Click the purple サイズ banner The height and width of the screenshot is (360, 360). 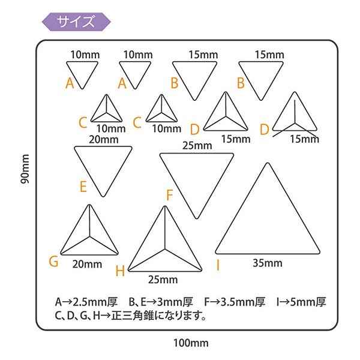click(76, 22)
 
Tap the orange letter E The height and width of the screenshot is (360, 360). click(83, 187)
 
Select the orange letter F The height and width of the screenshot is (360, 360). click(169, 195)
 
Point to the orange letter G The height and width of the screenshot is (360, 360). click(53, 261)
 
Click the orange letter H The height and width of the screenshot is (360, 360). click(120, 271)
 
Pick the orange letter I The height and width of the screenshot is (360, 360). click(218, 265)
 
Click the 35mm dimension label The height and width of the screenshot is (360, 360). click(268, 263)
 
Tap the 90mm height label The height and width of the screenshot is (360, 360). click(25, 169)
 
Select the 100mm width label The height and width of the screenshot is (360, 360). click(191, 343)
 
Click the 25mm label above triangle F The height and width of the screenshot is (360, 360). click(197, 146)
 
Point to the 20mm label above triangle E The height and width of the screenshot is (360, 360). click(104, 139)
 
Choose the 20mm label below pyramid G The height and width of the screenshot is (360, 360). click(87, 264)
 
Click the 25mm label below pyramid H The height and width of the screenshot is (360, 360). click(163, 280)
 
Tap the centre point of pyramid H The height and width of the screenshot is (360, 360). click(164, 249)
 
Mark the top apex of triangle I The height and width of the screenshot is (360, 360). click(268, 163)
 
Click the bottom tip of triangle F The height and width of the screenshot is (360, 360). click(197, 218)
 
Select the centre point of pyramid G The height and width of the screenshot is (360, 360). click(89, 236)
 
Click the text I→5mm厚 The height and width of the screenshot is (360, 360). click(301, 302)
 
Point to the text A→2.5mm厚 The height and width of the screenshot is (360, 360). click(86, 302)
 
